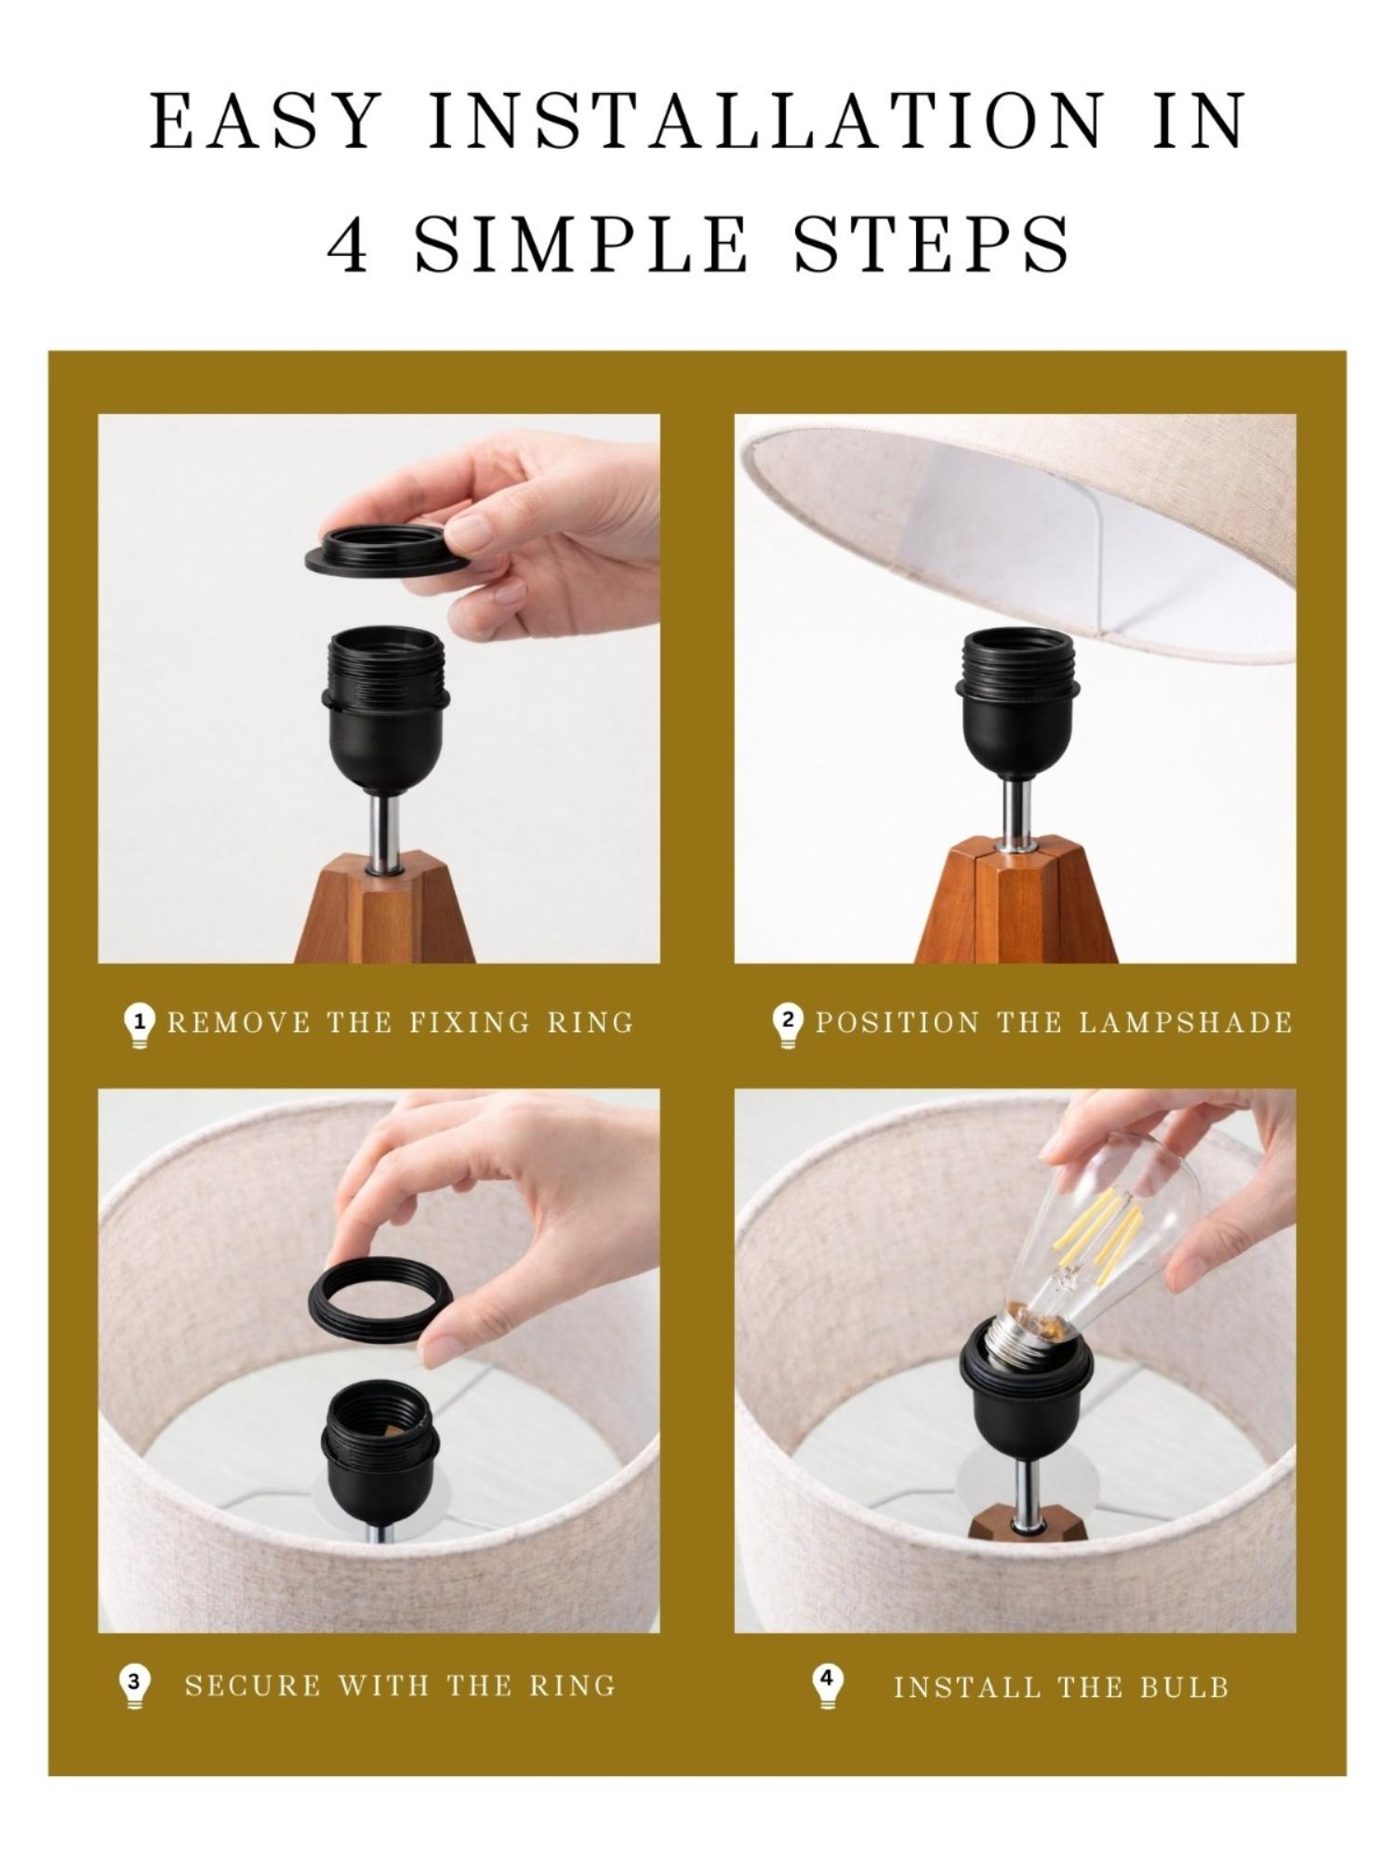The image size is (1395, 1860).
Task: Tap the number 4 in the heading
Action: [349, 244]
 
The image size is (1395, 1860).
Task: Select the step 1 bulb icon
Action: [139, 1026]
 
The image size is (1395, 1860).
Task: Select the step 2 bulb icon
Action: [788, 1026]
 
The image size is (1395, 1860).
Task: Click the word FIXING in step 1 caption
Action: [470, 1023]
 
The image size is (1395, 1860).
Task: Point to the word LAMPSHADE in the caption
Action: [1186, 1023]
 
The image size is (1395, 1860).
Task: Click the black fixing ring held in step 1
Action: [386, 551]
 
